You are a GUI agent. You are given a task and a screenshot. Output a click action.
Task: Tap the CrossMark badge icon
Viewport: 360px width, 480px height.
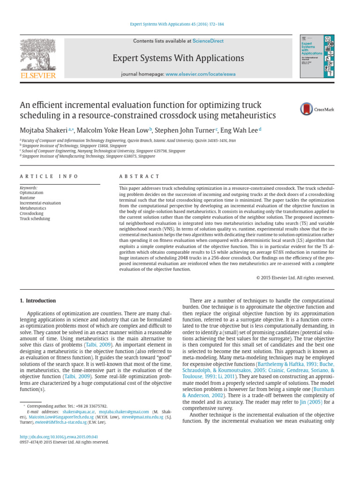click(x=307, y=109)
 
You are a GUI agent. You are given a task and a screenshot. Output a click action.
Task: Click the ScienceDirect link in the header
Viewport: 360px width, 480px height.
click(x=208, y=41)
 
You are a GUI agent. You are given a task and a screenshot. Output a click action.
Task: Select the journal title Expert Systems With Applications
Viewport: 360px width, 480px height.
click(x=178, y=58)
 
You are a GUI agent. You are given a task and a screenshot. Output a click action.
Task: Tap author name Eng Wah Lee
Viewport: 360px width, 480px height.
click(x=239, y=130)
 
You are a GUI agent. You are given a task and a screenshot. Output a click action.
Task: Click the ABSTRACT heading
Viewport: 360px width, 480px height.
click(x=140, y=176)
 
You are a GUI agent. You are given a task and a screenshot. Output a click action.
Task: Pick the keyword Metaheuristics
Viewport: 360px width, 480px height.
click(x=33, y=208)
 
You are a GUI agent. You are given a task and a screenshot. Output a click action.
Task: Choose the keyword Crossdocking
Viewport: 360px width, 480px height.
click(x=31, y=213)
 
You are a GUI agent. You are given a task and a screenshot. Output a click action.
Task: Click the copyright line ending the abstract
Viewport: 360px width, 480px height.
click(x=295, y=277)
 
